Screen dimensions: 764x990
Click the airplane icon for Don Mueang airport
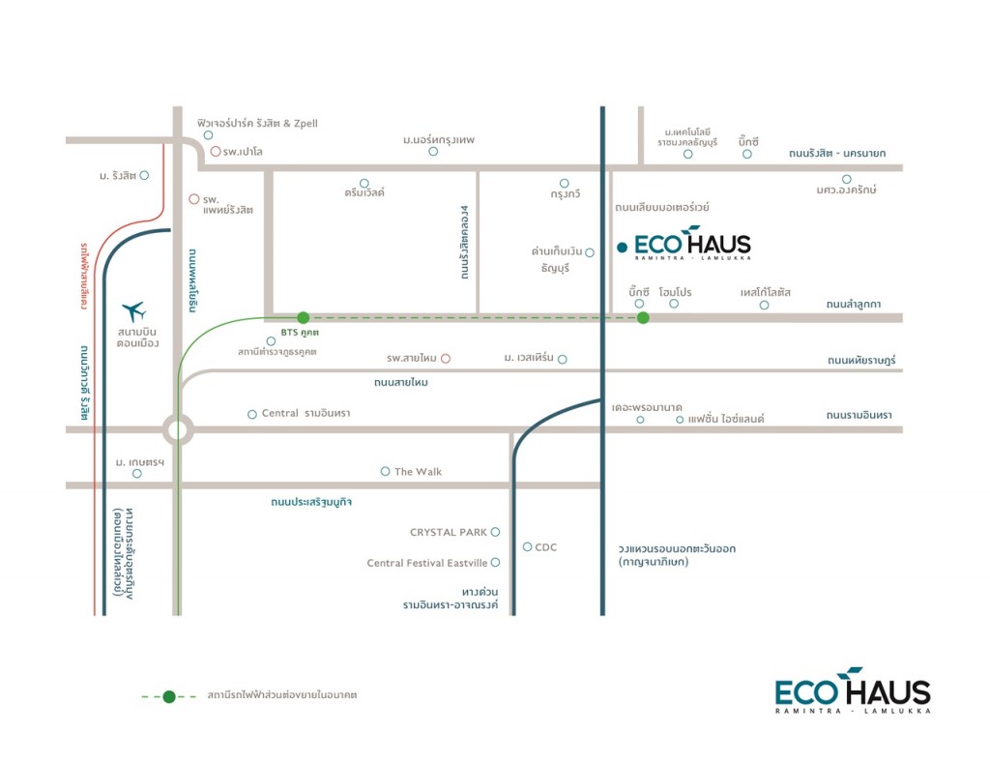point(133,311)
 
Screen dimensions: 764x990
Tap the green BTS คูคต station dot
point(303,317)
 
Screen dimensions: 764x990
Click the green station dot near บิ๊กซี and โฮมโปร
point(643,317)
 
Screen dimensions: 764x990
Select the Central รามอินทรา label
point(306,414)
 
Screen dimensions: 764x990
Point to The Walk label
point(418,472)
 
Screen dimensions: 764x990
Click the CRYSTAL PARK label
point(449,532)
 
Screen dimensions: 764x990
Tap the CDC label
point(545,547)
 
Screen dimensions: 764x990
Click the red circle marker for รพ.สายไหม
point(446,359)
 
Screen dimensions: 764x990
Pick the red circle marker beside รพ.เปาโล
point(215,151)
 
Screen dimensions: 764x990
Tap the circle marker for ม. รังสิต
point(144,175)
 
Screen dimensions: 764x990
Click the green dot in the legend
point(169,695)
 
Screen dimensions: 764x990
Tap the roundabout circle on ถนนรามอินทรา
point(178,428)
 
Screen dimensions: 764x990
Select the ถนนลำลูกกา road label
point(854,304)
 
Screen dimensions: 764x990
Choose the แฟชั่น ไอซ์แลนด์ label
point(726,419)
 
